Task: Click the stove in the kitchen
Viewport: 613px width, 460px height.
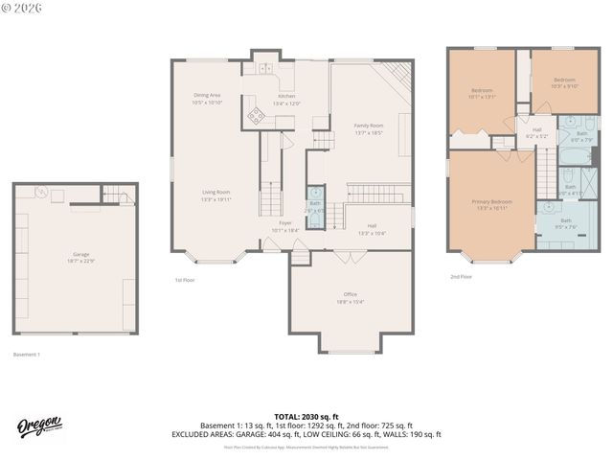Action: click(x=257, y=116)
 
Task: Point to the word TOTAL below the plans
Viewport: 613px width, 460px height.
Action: click(x=287, y=416)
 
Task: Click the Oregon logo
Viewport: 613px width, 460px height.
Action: click(x=39, y=426)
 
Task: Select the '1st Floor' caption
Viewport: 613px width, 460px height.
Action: click(x=185, y=280)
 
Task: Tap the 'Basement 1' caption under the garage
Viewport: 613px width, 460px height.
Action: click(x=26, y=355)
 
